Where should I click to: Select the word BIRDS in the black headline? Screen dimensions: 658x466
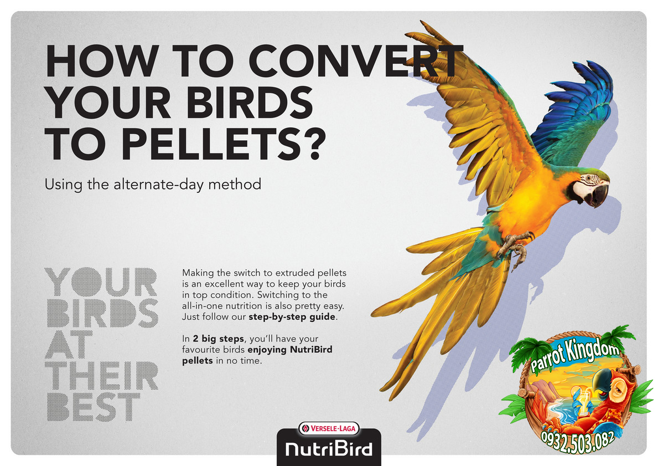pos(249,102)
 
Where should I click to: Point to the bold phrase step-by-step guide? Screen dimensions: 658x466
pos(292,317)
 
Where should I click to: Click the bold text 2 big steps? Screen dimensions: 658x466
pos(218,339)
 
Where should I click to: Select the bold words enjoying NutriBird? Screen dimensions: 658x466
pos(290,350)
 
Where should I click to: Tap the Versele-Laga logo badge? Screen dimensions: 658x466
pos(329,429)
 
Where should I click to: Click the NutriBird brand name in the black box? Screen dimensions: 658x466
pos(329,449)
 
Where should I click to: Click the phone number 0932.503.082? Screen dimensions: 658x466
pos(577,441)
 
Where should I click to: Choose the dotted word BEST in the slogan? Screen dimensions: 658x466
pos(93,407)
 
